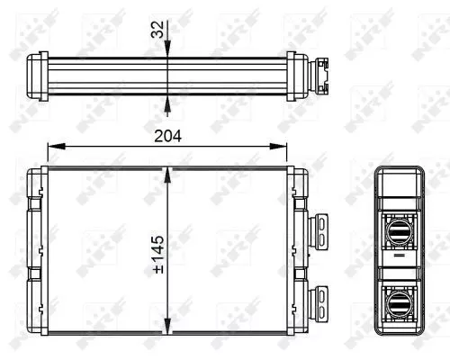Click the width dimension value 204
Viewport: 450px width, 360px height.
[169, 136]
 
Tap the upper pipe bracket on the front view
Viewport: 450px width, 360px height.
[319, 225]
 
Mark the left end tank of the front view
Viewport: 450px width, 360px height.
[37, 256]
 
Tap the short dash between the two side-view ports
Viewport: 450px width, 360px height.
[396, 256]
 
